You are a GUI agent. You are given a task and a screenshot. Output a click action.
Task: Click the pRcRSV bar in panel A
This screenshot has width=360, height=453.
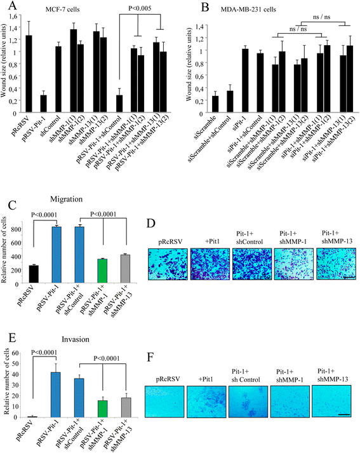pos(29,74)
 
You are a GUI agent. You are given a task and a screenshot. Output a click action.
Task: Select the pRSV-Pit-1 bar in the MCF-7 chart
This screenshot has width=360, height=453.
pos(44,104)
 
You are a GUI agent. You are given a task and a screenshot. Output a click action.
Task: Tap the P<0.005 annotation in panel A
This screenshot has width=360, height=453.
pos(140,8)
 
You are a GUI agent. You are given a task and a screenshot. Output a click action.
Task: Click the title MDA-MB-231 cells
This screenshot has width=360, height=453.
pos(248,10)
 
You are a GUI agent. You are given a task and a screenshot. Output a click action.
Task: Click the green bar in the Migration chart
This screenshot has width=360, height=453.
pos(102,271)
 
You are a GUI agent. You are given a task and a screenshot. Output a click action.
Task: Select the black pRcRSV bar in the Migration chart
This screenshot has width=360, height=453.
pos(34,274)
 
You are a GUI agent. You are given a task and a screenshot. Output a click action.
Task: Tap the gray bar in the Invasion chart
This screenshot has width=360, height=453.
pos(126,408)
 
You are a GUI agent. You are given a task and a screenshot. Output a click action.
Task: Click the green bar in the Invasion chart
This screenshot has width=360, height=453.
pos(102,409)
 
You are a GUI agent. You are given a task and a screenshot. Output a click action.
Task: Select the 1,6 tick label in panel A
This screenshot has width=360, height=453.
pos(13,15)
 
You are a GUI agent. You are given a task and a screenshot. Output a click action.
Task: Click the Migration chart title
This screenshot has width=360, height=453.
pos(66,199)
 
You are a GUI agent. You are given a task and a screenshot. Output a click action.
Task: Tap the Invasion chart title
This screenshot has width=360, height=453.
pos(76,339)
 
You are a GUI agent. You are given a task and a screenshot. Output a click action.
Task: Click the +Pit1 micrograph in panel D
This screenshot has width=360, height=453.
pos(210,264)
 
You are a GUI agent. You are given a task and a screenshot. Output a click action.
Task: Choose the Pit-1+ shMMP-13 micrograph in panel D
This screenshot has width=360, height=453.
pos(336,264)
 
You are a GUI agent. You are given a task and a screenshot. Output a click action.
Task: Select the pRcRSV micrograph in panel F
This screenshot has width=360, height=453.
pos(164,402)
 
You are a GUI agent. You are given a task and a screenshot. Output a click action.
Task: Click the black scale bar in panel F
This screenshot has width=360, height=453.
pos(344,415)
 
